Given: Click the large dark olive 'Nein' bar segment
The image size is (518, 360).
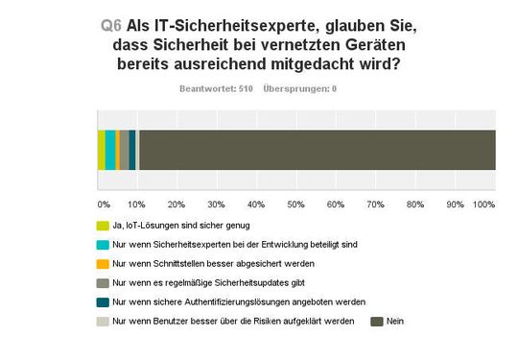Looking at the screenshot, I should click(317, 150).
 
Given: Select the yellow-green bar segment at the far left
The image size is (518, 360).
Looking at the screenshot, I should click(101, 150).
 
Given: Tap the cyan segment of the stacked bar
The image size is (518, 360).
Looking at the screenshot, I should click(110, 150).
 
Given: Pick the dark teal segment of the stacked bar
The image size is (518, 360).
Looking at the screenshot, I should click(132, 150).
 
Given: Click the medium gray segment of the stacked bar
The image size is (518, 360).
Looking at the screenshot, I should click(124, 150).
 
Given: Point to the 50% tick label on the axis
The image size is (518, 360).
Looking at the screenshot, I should click(296, 204).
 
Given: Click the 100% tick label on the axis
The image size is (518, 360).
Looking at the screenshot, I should click(484, 204).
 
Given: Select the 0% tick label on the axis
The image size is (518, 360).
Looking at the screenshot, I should click(103, 204).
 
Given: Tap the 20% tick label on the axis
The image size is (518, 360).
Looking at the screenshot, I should click(177, 204).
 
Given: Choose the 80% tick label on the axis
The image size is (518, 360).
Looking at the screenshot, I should click(415, 204).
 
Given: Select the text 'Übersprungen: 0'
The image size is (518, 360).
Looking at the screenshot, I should click(300, 88).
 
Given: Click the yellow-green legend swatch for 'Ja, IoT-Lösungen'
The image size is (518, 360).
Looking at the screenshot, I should click(104, 227).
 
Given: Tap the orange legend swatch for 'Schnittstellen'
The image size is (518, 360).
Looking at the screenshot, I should click(104, 263).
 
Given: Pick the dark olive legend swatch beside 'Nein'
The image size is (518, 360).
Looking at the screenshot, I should click(377, 320).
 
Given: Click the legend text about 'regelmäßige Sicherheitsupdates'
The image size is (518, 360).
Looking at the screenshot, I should click(206, 282).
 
